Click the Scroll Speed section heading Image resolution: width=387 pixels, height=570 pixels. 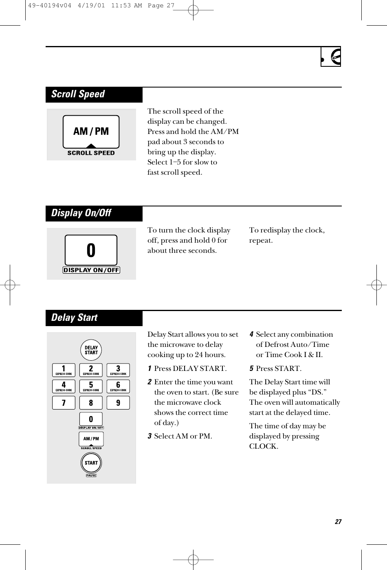[x=78, y=94]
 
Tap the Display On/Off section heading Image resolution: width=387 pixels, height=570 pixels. [x=81, y=213]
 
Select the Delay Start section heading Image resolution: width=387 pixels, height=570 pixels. [x=75, y=318]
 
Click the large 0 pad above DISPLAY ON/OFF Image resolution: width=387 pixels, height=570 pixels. [x=91, y=250]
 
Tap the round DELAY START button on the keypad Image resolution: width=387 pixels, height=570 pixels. [x=91, y=350]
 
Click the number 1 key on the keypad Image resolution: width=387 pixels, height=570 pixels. [x=64, y=370]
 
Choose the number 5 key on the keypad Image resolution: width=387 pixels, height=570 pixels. [x=91, y=386]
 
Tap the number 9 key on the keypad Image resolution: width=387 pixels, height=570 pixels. [x=118, y=403]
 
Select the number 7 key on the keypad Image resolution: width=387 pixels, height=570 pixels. [x=64, y=403]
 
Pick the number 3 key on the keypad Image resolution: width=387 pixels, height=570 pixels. [x=118, y=370]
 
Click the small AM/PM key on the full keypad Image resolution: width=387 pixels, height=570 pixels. [x=91, y=439]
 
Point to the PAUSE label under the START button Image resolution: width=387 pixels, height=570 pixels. [x=91, y=475]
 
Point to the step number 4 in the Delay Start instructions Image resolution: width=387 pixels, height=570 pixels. [x=252, y=335]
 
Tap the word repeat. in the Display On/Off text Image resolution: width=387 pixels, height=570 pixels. [x=261, y=240]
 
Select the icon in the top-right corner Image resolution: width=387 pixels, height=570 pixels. [x=331, y=57]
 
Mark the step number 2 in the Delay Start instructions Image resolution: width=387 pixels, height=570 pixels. [x=150, y=382]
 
